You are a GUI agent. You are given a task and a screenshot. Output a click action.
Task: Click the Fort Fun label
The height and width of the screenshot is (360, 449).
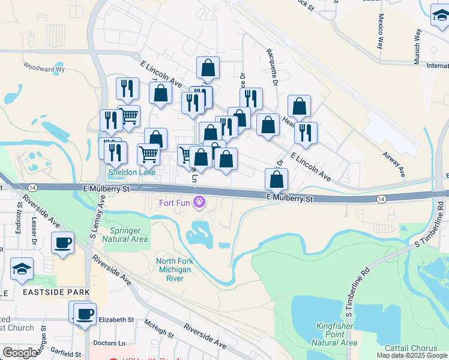(174, 202)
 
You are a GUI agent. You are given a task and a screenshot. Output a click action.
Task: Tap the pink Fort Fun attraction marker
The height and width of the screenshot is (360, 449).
(199, 202)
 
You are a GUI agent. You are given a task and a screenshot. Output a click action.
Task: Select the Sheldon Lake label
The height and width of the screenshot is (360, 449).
(131, 172)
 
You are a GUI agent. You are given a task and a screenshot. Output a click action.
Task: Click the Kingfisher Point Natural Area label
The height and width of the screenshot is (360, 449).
(334, 334)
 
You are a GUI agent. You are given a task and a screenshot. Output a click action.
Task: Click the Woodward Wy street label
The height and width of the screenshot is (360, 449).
(44, 67)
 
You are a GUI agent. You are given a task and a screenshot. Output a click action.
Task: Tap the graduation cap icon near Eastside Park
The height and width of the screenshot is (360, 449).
(22, 271)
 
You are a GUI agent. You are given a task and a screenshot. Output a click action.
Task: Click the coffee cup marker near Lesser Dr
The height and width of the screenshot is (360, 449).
(62, 243)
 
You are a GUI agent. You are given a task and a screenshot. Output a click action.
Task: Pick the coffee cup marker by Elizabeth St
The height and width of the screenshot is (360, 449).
(85, 314)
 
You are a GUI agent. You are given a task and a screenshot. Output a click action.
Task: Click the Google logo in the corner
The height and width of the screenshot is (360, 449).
(20, 352)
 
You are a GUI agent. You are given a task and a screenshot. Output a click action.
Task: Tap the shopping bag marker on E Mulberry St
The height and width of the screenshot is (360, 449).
(276, 179)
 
